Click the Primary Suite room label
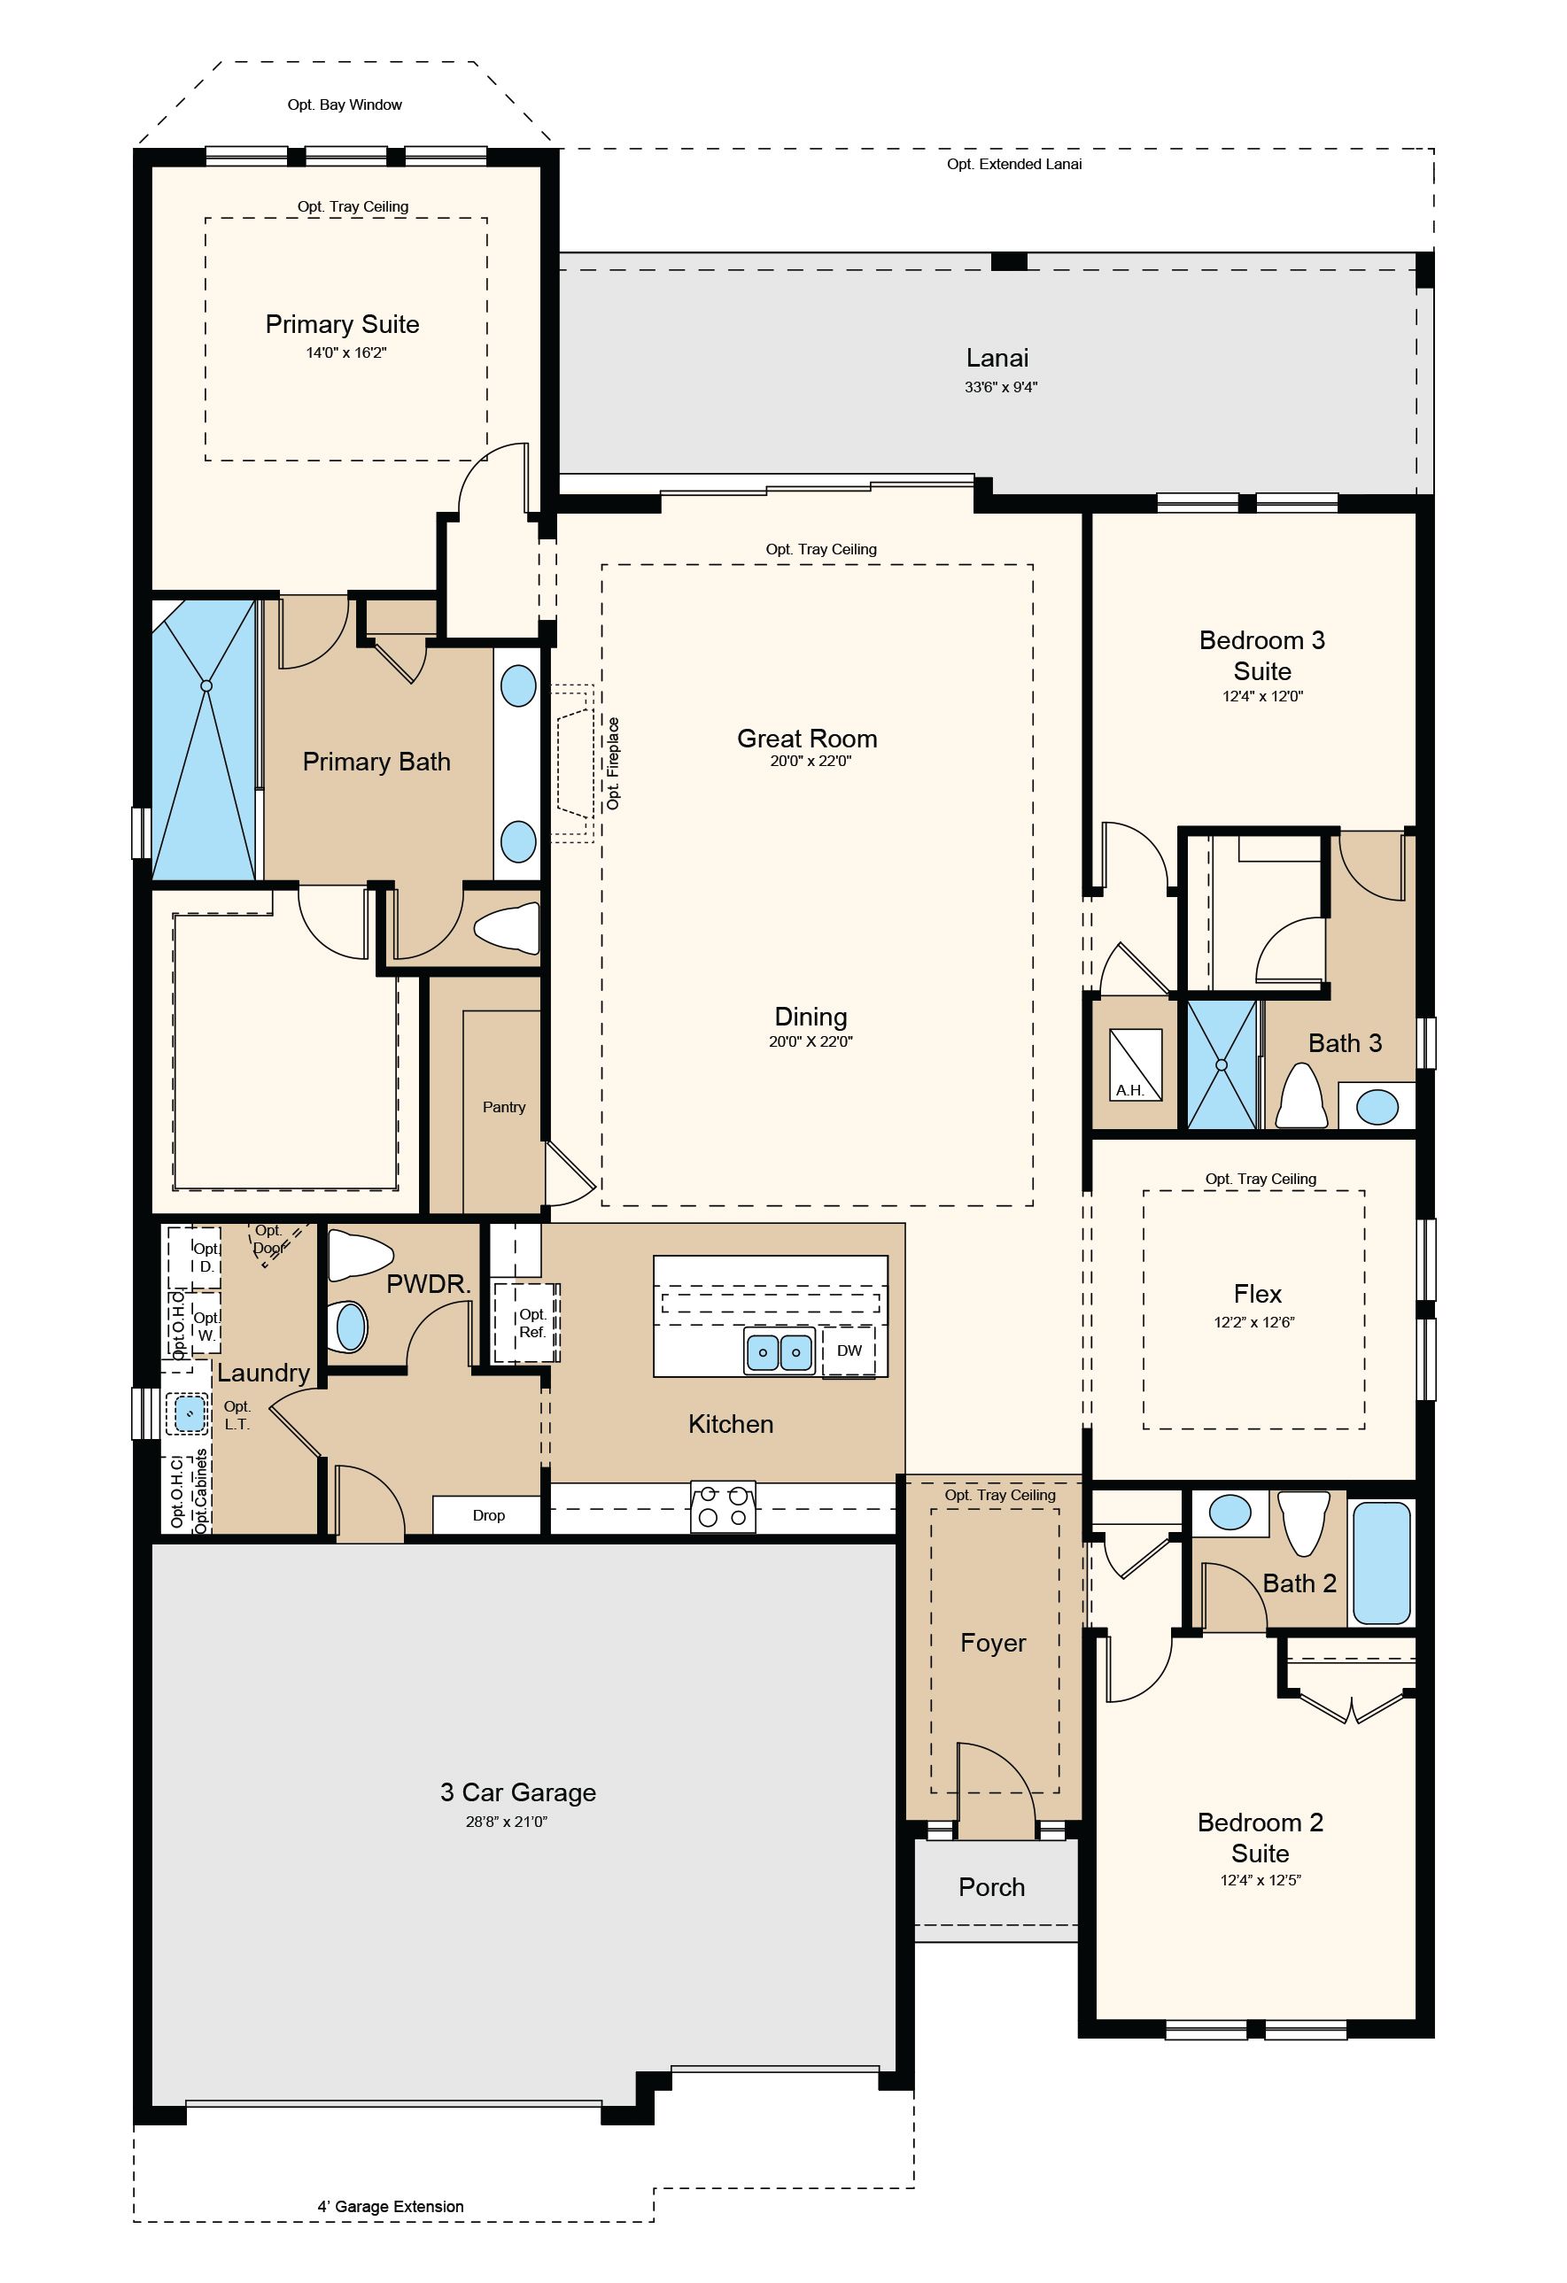pos(342,324)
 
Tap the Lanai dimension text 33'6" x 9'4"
pos(1000,387)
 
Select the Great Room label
pos(807,738)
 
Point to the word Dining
pos(811,1017)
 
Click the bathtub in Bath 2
pos(1381,1562)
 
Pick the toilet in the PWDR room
pos(359,1255)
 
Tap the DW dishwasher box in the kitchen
pos(849,1350)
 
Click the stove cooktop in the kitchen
pos(724,1506)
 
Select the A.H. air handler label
pos(1129,1089)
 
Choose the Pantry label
pos(504,1107)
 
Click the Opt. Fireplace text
pos(613,763)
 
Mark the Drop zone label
pos(488,1516)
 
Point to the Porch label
pos(991,1887)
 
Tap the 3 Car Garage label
pos(517,1792)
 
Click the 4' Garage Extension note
pos(390,2206)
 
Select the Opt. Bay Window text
pos(345,104)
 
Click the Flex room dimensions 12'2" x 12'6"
pos(1254,1322)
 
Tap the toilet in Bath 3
pos(1303,1096)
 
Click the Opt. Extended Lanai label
pos(1014,164)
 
